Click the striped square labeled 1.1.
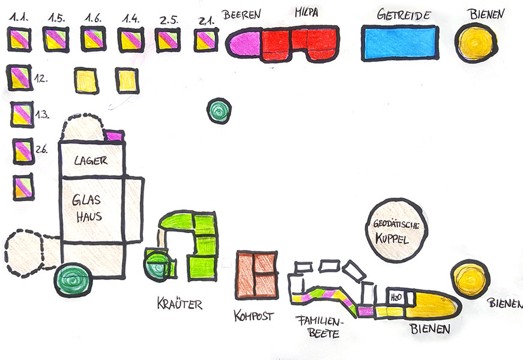point(18,40)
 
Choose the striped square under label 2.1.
point(206,40)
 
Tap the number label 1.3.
point(41,114)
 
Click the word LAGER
point(91,160)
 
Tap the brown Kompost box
point(257,274)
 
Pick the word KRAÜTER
point(180,303)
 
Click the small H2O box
point(396,297)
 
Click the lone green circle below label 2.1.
point(219,110)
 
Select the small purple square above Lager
point(114,136)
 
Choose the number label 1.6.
point(93,19)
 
